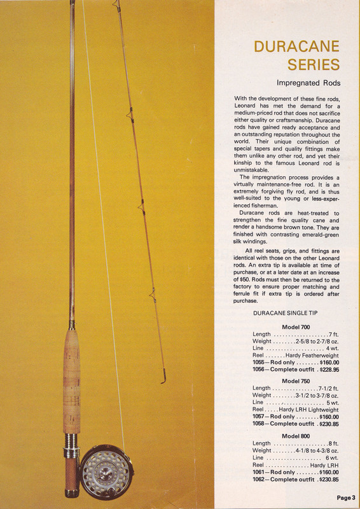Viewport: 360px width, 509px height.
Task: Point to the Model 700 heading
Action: [295, 326]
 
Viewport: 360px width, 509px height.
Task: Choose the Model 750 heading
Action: [295, 380]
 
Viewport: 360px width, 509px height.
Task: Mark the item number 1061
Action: [260, 472]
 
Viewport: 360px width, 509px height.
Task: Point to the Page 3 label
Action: [345, 498]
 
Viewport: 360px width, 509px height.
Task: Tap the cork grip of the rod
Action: [71, 382]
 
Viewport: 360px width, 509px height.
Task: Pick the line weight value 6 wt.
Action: [332, 457]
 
